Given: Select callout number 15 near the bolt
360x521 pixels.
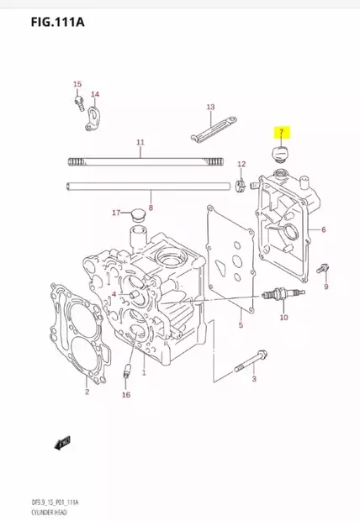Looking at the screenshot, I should tap(77, 84).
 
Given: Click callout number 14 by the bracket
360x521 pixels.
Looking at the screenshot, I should tap(95, 94).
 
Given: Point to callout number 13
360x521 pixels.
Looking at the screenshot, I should tap(210, 107).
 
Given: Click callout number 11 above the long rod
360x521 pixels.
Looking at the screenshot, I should tap(140, 142).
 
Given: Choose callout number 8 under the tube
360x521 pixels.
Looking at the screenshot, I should tap(151, 206).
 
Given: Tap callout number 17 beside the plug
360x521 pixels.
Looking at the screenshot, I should tap(116, 213).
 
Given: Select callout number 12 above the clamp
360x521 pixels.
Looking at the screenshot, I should tap(241, 164).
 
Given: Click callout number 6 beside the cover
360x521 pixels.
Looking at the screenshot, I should tap(323, 229).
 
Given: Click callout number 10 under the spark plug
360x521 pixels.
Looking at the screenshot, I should tap(283, 318).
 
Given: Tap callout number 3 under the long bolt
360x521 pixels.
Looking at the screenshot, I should tap(253, 379).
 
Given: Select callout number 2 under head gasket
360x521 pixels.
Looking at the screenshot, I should tap(86, 392).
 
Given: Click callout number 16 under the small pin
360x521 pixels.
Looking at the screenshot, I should tap(126, 394).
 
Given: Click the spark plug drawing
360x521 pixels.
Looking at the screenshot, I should tap(281, 295).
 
